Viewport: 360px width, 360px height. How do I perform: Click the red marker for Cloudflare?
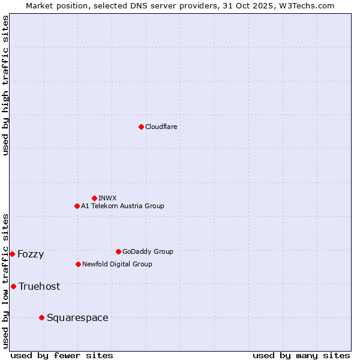[141, 127]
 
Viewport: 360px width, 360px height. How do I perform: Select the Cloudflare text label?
[161, 127]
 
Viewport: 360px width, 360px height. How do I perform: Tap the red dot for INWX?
[94, 198]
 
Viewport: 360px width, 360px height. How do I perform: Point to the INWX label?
[107, 198]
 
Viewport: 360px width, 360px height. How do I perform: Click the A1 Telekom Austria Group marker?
[77, 206]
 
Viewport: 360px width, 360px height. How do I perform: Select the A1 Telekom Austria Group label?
[122, 206]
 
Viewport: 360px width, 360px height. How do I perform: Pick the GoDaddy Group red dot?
[118, 251]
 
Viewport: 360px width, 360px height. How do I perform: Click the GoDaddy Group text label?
[148, 251]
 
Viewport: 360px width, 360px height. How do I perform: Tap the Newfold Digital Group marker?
[78, 264]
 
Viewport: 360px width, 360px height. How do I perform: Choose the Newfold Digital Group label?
[117, 264]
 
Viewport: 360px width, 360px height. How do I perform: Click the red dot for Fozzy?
[12, 254]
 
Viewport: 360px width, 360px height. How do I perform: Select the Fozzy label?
[31, 254]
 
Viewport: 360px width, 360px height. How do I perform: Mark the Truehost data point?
[13, 286]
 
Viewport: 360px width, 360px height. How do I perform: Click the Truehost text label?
[39, 287]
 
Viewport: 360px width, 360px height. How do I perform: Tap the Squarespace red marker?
[41, 317]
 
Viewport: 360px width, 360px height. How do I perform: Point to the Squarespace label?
[77, 318]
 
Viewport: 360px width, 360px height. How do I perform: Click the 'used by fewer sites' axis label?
[62, 355]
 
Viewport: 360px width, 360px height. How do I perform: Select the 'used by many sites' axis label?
[301, 355]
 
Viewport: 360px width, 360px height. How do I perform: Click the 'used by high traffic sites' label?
[6, 85]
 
